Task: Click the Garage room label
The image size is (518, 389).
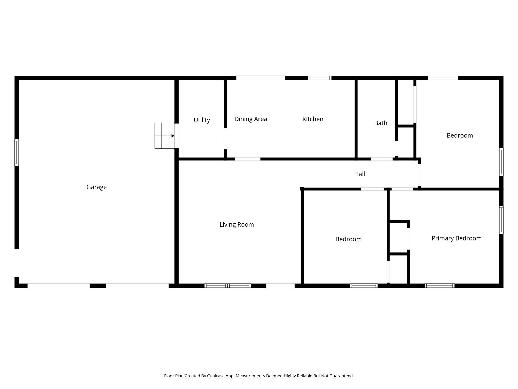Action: tap(96, 187)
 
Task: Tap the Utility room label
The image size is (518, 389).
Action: tap(202, 120)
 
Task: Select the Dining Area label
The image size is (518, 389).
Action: tap(250, 119)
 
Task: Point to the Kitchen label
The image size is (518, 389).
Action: tap(313, 119)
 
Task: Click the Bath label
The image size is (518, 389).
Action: tap(380, 123)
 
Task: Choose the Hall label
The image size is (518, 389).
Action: tap(359, 174)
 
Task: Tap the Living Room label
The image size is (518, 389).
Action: tap(236, 225)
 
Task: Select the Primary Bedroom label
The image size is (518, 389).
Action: tap(456, 238)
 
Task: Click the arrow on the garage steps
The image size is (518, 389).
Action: tap(173, 136)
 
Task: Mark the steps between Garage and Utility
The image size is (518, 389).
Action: tap(164, 136)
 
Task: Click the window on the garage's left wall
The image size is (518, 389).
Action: tap(17, 152)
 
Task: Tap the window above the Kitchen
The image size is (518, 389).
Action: tap(319, 78)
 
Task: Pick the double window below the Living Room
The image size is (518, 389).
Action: tap(227, 286)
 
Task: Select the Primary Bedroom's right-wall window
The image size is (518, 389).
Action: tap(501, 220)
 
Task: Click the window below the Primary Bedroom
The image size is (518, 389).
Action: tap(439, 286)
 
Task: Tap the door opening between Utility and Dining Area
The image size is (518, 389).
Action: tap(225, 139)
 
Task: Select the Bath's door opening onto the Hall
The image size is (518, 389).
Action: tap(381, 159)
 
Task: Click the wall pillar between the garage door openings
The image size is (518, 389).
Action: tap(98, 286)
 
